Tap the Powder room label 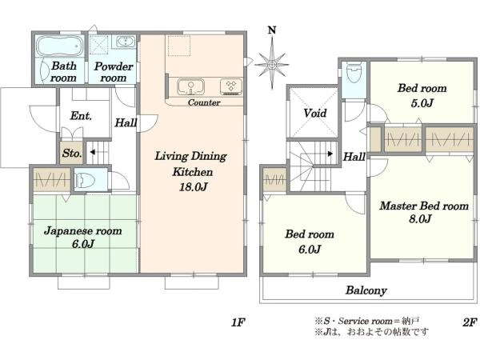pyautogui.click(x=106, y=72)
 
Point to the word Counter pyautogui.click(x=204, y=103)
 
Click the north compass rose pyautogui.click(x=273, y=62)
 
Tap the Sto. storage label pyautogui.click(x=71, y=153)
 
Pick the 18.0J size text pyautogui.click(x=191, y=187)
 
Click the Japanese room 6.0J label pyautogui.click(x=82, y=238)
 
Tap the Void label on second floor pyautogui.click(x=314, y=114)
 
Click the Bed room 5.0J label pyautogui.click(x=422, y=95)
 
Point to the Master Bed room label pyautogui.click(x=423, y=212)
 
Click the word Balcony pyautogui.click(x=366, y=290)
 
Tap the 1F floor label pyautogui.click(x=237, y=322)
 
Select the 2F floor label pyautogui.click(x=468, y=322)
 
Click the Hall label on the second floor pyautogui.click(x=354, y=158)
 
